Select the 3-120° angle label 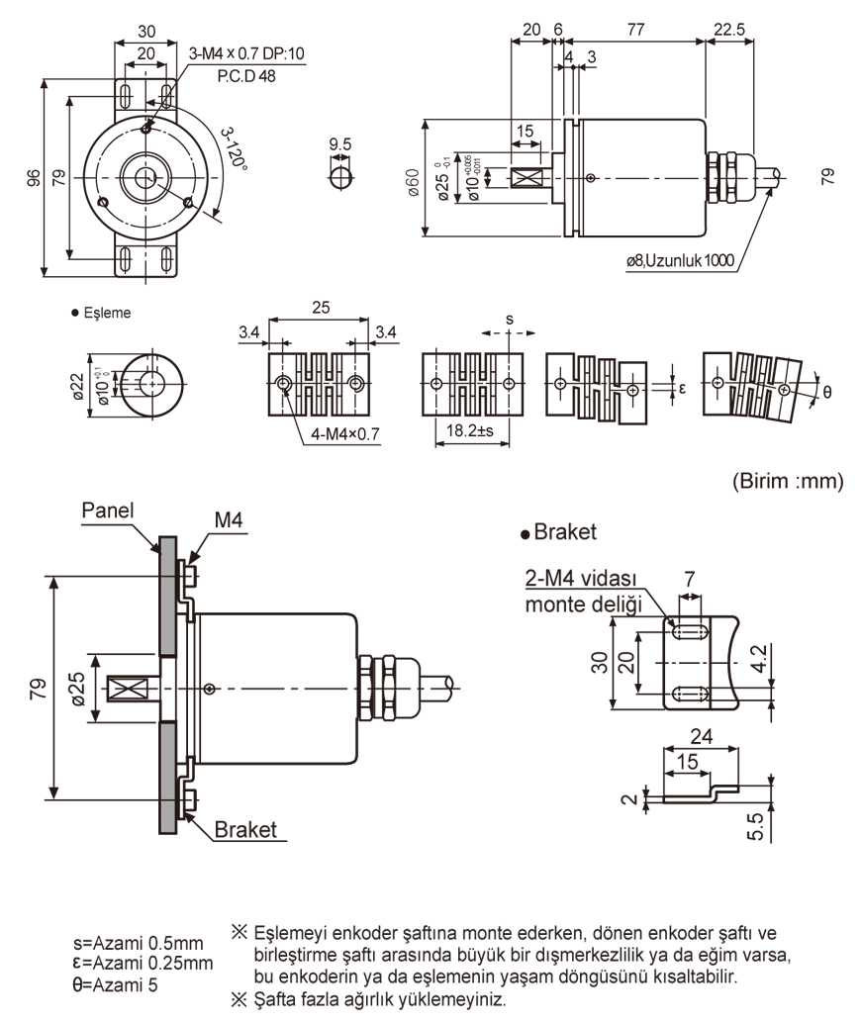click(235, 149)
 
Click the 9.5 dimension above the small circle click(340, 144)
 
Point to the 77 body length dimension click(635, 30)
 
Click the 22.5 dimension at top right click(729, 30)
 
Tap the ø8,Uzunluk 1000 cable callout click(679, 261)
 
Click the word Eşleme click(108, 313)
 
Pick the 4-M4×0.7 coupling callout click(345, 433)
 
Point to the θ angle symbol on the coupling click(826, 392)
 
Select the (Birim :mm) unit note click(788, 482)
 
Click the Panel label click(107, 511)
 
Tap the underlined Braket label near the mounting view click(245, 829)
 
